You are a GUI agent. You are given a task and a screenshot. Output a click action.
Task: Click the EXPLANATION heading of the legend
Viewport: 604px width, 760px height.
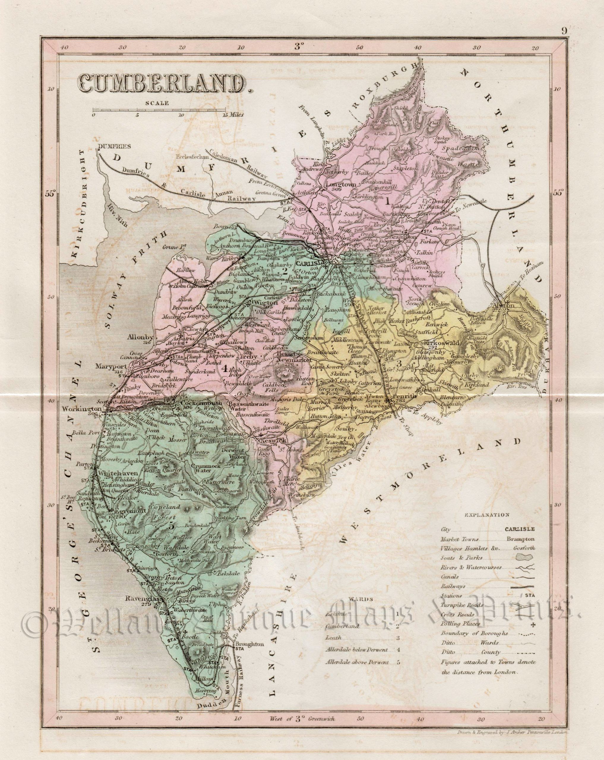pos(487,515)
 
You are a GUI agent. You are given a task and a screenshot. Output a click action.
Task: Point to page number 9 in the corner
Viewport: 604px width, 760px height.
pos(564,31)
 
